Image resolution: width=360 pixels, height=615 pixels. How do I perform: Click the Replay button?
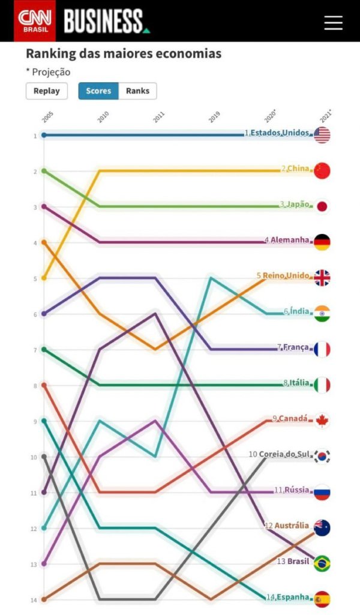coord(46,91)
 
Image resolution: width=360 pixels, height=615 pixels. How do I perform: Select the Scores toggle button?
coord(98,91)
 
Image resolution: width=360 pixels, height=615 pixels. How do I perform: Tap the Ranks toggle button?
coord(137,91)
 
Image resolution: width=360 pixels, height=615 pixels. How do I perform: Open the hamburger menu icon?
coord(333,22)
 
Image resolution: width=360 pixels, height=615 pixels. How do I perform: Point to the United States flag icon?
coord(322,135)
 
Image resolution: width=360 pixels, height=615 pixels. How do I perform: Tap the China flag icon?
coord(322,171)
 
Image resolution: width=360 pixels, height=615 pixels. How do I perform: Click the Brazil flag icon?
coord(322,563)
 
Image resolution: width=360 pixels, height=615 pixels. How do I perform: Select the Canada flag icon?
coord(322,421)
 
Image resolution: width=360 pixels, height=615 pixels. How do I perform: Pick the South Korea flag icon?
coord(322,456)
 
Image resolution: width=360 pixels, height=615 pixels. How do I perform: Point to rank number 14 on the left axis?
coord(35,599)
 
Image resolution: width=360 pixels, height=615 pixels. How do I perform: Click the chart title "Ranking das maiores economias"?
coord(124,54)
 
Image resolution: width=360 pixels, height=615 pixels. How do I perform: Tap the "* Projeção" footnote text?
coord(48,72)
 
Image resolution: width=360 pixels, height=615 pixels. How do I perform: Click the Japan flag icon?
coord(322,206)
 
